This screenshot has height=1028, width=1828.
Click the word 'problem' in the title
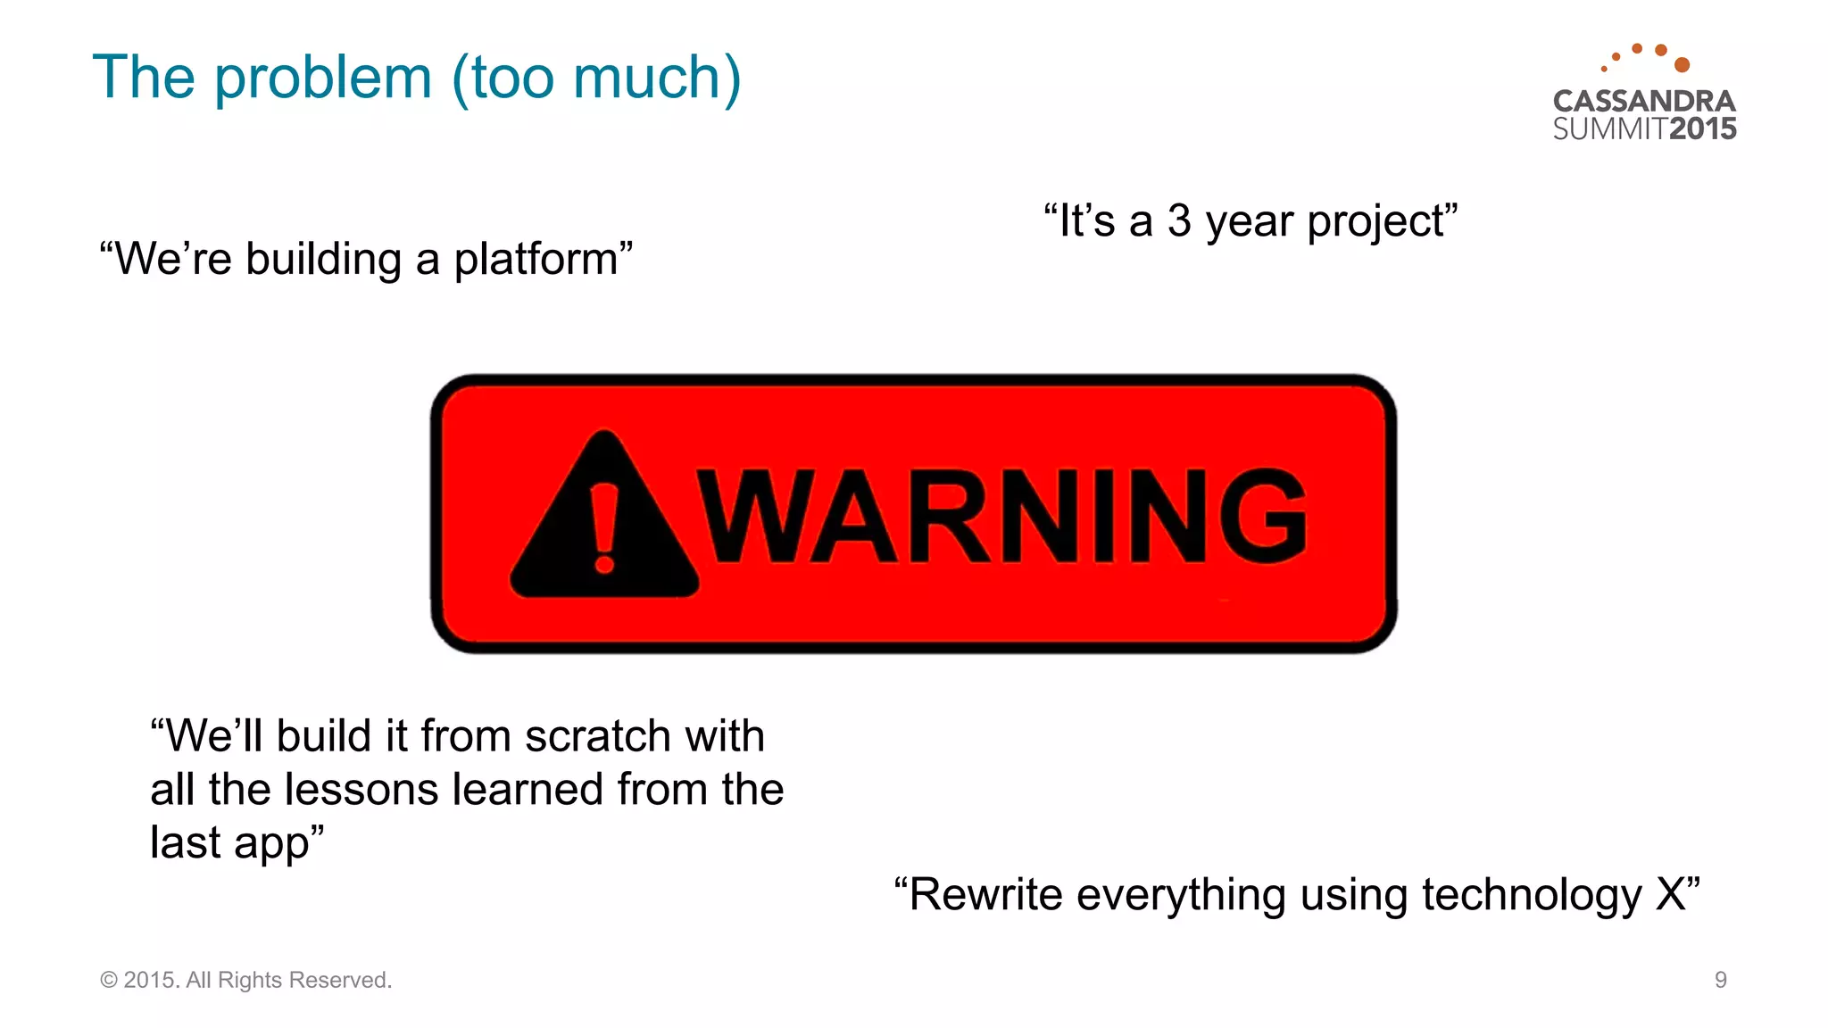pyautogui.click(x=323, y=79)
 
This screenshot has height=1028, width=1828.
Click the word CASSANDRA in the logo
pyautogui.click(x=1644, y=101)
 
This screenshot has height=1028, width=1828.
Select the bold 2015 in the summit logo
pyautogui.click(x=1702, y=129)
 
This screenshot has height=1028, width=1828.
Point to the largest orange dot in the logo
pyautogui.click(x=1682, y=64)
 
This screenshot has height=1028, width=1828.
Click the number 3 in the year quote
pyautogui.click(x=1179, y=220)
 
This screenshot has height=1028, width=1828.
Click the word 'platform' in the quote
pyautogui.click(x=536, y=260)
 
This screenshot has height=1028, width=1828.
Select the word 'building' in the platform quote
pyautogui.click(x=323, y=260)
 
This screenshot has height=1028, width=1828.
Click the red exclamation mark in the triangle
pyautogui.click(x=604, y=527)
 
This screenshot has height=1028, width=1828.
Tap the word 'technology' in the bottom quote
pyautogui.click(x=1531, y=896)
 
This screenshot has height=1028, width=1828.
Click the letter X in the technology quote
pyautogui.click(x=1670, y=894)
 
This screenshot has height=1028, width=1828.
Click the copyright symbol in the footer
pyautogui.click(x=109, y=980)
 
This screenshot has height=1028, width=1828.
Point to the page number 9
pyautogui.click(x=1720, y=980)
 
